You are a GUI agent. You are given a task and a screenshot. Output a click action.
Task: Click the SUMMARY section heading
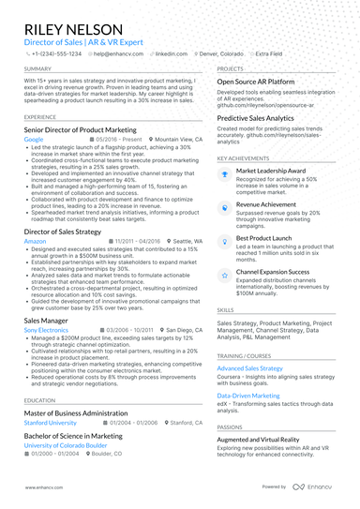[x=38, y=69]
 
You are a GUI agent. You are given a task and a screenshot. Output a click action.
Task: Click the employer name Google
[x=34, y=139]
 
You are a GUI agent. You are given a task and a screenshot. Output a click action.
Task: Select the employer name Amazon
[x=35, y=240]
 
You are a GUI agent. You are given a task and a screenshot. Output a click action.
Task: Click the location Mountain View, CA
[x=176, y=139]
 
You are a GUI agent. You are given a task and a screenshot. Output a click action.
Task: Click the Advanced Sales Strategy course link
[x=250, y=342]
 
